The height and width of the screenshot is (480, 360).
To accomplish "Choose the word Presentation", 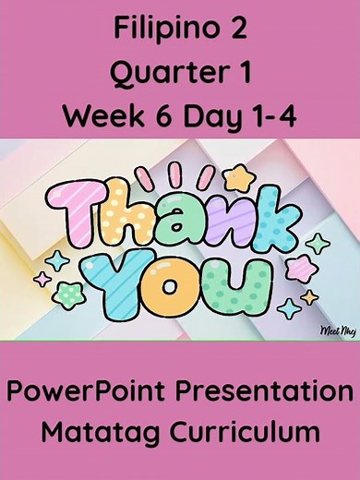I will [261, 391].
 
